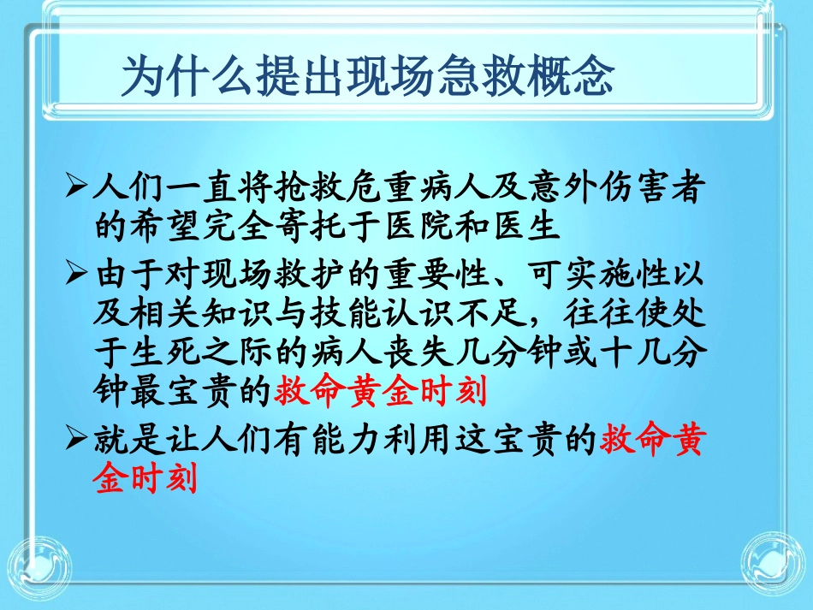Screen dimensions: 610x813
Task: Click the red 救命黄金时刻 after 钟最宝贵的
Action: point(380,393)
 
